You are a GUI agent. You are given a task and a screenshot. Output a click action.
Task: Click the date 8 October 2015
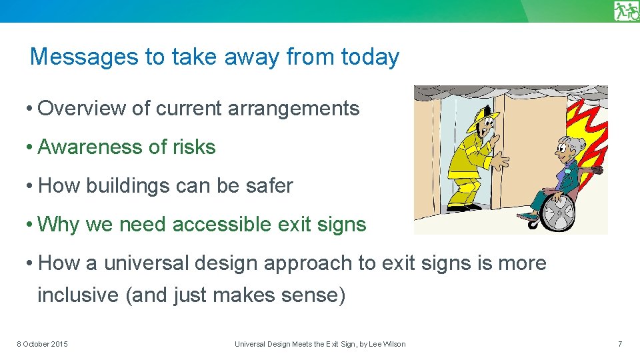point(42,344)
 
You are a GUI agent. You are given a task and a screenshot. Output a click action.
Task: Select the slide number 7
point(620,344)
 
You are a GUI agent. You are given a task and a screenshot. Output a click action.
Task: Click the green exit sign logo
point(626,11)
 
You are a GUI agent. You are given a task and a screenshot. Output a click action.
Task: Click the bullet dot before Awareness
point(31,147)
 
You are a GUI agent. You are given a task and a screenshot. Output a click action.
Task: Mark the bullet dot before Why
point(31,225)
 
